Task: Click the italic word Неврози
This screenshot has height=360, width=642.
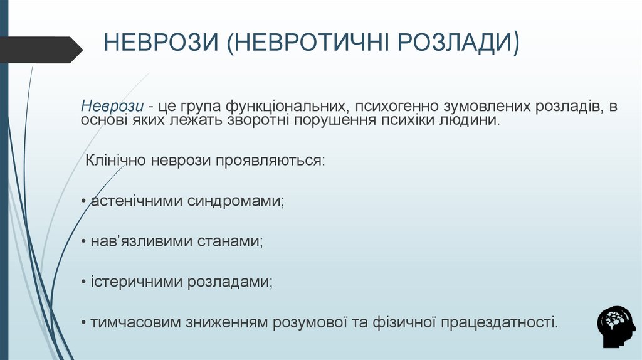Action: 113,106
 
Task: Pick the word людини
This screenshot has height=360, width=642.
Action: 471,120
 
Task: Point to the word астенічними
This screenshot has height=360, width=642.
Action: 137,201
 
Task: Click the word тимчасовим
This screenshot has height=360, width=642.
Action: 135,322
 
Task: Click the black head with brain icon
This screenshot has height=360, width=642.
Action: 616,326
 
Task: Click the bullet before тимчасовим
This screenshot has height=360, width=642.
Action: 83,323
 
